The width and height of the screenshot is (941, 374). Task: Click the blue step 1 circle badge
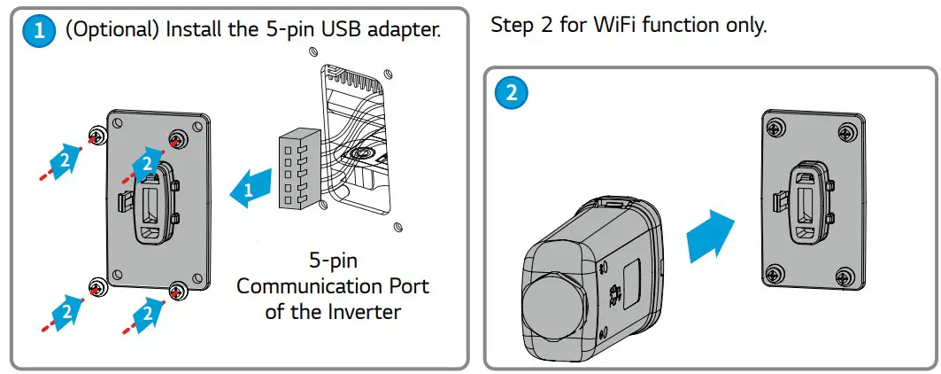click(37, 32)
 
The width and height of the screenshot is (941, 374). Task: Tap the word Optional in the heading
click(112, 32)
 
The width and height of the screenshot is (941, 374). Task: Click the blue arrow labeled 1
click(248, 189)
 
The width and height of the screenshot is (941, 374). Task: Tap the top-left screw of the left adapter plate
click(96, 135)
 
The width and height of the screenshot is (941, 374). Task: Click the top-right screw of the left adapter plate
click(178, 138)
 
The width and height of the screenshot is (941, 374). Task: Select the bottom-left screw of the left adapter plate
click(96, 285)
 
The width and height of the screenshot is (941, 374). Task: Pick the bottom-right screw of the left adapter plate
click(177, 289)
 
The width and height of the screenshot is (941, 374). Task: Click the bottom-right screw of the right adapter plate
click(848, 276)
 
